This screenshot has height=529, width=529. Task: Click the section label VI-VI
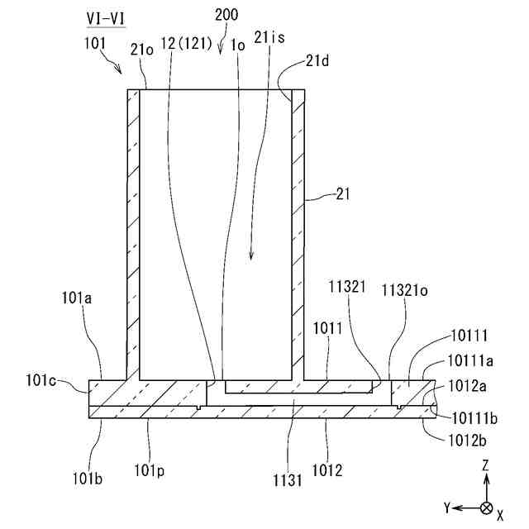[106, 17]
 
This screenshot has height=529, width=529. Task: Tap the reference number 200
[225, 15]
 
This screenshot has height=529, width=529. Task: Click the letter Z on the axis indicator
[487, 467]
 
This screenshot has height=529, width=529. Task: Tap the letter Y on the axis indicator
[446, 507]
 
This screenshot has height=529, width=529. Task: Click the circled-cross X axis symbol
[487, 507]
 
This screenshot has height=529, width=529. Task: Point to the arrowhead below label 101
[120, 71]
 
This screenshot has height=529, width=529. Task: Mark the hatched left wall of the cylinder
[133, 231]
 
